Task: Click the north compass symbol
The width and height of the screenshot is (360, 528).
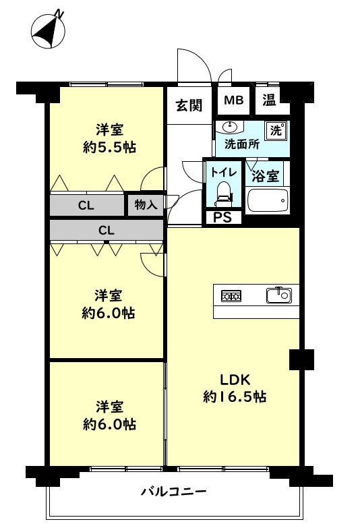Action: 48,31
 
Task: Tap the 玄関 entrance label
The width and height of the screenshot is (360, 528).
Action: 189,105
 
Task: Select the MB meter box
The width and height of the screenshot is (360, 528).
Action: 233,101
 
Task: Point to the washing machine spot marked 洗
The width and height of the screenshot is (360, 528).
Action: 276,130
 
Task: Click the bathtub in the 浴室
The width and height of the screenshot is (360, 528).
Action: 268,201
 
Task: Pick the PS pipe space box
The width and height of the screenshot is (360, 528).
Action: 222,217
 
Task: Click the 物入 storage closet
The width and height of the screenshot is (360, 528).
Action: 146,205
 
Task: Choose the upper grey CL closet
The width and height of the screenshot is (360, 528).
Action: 86,205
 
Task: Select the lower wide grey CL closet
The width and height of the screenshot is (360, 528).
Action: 107,231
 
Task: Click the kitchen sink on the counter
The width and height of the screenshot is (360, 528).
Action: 278,295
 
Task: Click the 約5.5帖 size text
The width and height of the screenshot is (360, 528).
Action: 109,147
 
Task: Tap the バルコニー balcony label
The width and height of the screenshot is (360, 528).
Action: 173,491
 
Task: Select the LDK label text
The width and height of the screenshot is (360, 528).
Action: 234,378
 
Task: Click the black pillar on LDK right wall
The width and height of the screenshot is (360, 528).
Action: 301,359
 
